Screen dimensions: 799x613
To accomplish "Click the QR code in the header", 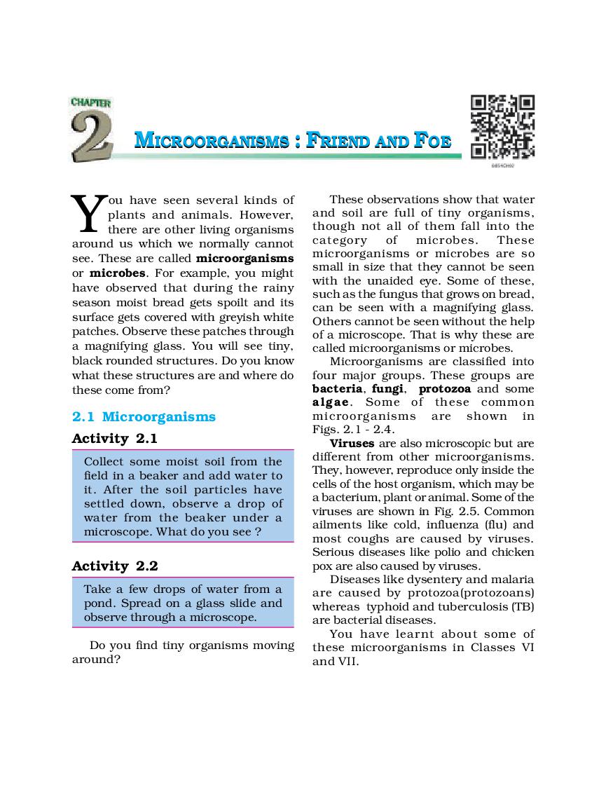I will [502, 127].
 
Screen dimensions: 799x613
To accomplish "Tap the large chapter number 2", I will [92, 136].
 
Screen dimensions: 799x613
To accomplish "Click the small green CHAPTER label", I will [90, 102].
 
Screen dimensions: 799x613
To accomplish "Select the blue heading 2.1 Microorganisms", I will [144, 417].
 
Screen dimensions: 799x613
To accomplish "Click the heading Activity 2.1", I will [115, 439].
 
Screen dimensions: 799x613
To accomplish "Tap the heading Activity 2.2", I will [115, 566].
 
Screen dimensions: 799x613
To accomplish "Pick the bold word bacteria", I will [337, 389].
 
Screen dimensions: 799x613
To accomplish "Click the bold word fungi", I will [387, 389].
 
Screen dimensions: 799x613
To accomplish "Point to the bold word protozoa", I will [445, 389].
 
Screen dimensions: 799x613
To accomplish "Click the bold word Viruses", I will [352, 444].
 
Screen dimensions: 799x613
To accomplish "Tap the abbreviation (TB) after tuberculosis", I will [522, 606].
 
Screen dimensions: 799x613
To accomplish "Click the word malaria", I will [514, 579].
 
